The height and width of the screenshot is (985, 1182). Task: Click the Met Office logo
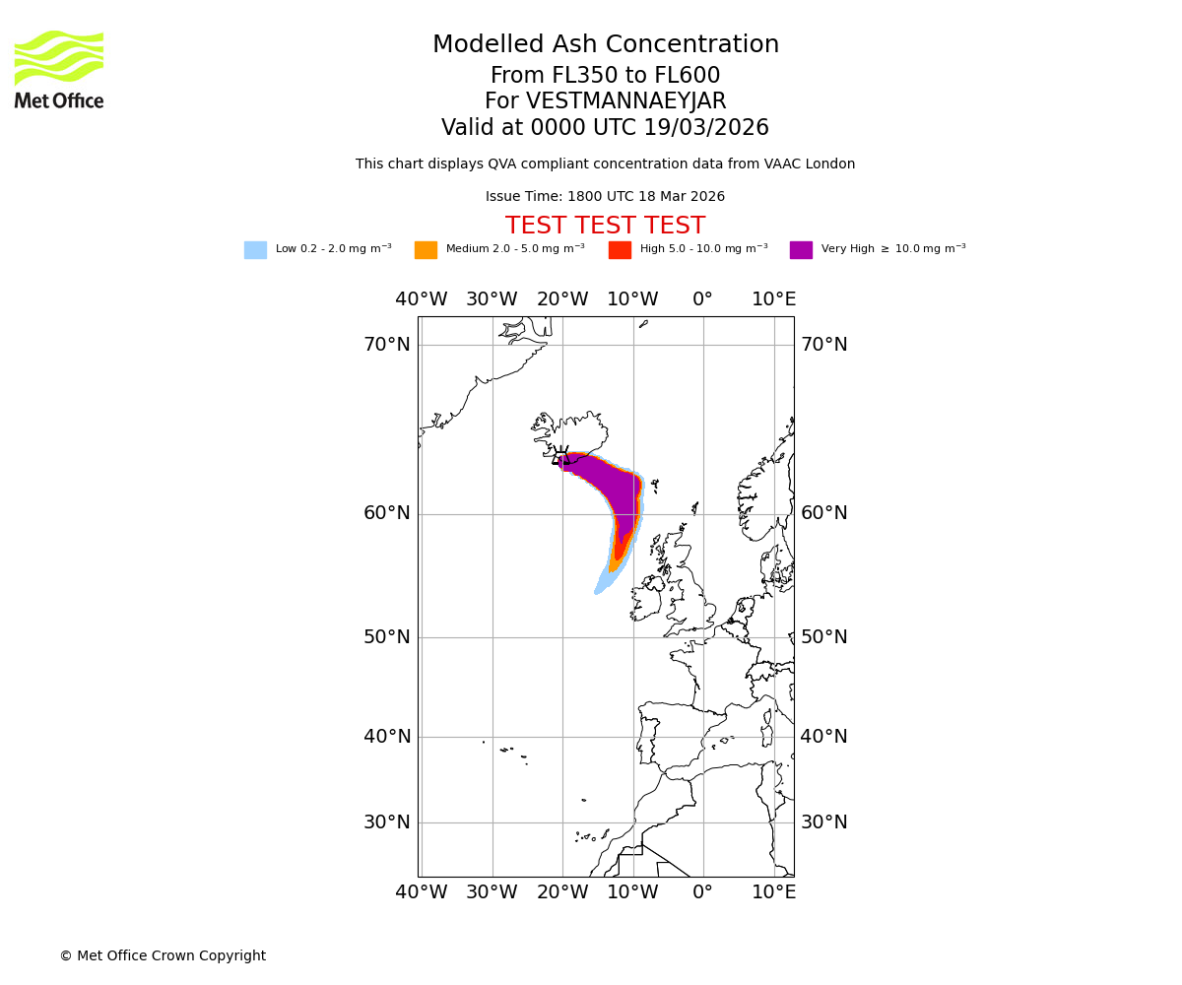click(x=59, y=69)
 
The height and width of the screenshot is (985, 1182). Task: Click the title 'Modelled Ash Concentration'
click(x=605, y=45)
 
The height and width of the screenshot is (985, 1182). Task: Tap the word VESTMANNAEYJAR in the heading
click(x=626, y=101)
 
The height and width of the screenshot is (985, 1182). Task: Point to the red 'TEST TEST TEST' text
click(x=605, y=227)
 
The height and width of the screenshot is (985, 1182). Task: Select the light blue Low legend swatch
click(x=255, y=250)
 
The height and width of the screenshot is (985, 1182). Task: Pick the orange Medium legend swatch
click(x=426, y=250)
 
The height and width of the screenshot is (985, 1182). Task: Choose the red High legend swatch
click(x=620, y=250)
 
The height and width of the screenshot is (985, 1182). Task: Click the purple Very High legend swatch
click(x=801, y=250)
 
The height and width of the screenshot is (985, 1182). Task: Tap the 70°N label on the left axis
click(x=387, y=345)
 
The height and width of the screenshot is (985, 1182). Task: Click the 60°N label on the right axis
click(x=824, y=513)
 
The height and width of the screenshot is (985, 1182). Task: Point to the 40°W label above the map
click(x=421, y=299)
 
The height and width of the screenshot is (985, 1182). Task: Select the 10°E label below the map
click(x=774, y=892)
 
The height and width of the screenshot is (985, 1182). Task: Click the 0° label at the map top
click(x=702, y=299)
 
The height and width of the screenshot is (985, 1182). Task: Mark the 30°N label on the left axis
click(x=387, y=822)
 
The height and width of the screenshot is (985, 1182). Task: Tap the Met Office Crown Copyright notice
click(x=163, y=956)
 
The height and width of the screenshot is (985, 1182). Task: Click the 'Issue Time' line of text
click(x=605, y=197)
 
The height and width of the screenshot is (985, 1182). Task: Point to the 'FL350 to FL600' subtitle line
click(x=605, y=76)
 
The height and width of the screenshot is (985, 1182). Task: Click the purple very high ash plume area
click(x=616, y=492)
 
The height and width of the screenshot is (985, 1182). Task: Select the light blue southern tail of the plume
click(x=605, y=582)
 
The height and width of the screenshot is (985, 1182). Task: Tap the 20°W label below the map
click(x=561, y=892)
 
